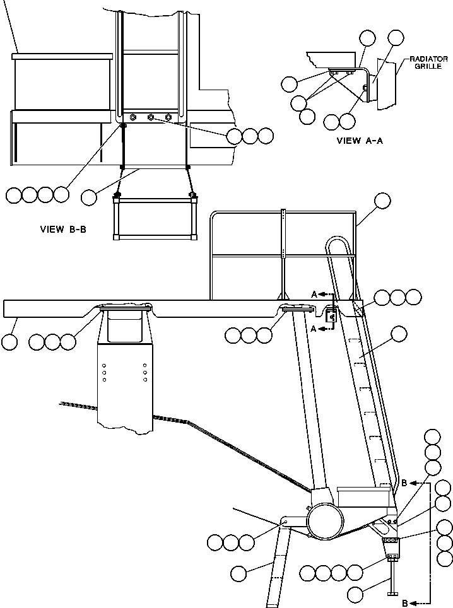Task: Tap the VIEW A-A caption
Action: coord(360,141)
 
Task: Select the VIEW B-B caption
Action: coord(62,230)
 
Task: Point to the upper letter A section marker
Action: coord(314,294)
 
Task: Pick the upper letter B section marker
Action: coord(403,484)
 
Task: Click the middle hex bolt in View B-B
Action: coord(151,117)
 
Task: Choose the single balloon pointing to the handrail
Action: coord(382,201)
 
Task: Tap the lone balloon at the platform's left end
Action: coord(9,342)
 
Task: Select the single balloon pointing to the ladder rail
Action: coord(398,334)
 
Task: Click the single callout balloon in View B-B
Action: coord(89,197)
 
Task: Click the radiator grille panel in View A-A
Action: coord(385,83)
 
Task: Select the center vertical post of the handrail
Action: coord(284,252)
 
